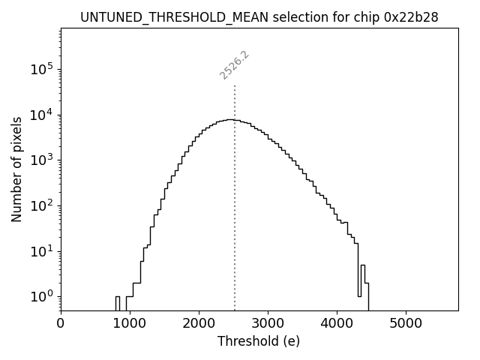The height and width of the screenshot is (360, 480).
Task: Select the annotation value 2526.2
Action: point(234,64)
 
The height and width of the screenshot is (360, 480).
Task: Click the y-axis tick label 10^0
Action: point(40,297)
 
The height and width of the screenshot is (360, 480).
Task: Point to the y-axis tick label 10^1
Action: point(40,251)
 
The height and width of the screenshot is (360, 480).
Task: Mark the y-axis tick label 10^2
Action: point(40,205)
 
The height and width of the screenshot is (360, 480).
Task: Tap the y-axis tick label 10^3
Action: point(40,160)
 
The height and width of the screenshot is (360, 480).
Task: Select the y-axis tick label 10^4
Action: point(40,115)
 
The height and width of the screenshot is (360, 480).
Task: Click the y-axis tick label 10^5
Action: point(40,70)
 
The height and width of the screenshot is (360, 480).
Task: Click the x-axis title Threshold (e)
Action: point(259,341)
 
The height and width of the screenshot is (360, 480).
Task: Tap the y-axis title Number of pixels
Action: point(16,169)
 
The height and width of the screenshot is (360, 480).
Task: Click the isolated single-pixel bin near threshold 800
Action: point(117,303)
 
